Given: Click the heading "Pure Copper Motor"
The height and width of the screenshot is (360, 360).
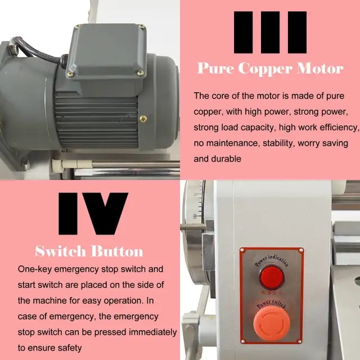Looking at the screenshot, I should (270, 69).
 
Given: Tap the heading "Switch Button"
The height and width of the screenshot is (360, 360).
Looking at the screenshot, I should (89, 251).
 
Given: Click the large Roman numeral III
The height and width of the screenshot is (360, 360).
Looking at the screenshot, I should (270, 32).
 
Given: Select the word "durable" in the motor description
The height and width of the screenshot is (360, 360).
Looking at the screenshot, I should (226, 159).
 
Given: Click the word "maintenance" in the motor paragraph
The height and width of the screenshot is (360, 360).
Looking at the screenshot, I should (231, 143).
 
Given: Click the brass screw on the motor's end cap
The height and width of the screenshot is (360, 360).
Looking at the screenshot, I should (143, 119).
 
